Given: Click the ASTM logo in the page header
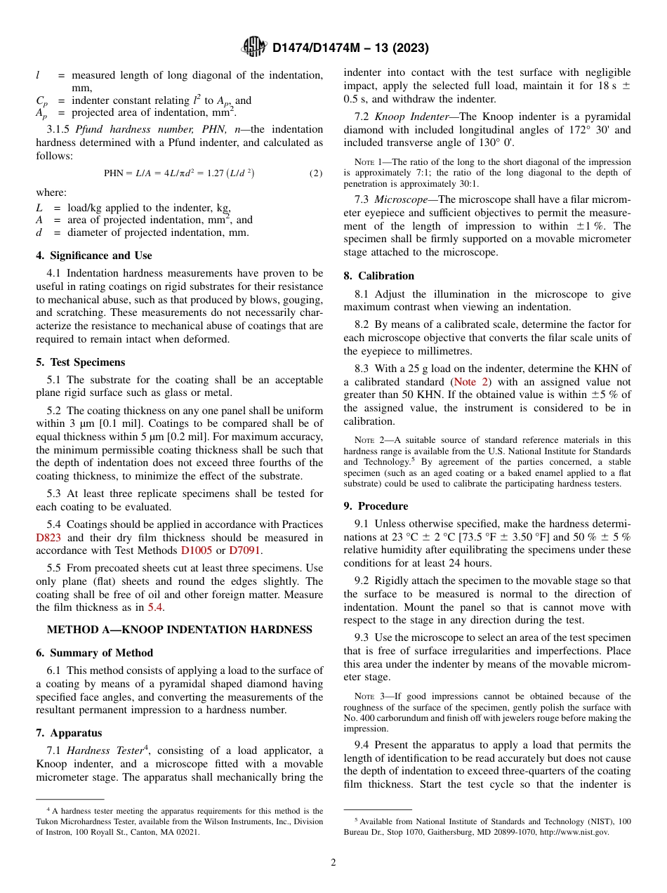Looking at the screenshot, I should tap(254, 47).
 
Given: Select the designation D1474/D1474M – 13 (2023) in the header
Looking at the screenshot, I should tap(350, 48).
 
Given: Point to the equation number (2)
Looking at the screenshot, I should tap(315, 173).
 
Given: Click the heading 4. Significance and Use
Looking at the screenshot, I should tap(94, 256).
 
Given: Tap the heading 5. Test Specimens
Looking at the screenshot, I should tap(81, 362).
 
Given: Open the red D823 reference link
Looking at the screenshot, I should tap(48, 538).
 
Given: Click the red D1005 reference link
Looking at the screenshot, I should tap(197, 551).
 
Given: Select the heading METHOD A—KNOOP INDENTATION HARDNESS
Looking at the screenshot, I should tap(179, 630).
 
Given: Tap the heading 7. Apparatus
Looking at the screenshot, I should tap(69, 733).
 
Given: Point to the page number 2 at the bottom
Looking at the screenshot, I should tap(333, 863).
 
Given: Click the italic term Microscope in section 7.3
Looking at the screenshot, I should tap(403, 199).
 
